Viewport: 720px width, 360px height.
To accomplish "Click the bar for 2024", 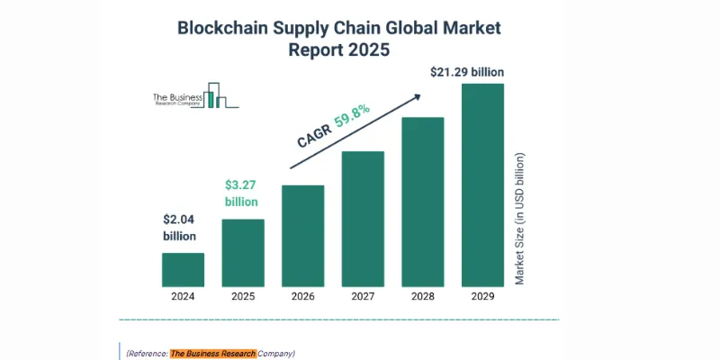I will point(183,269).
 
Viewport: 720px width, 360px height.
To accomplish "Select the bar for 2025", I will point(243,252).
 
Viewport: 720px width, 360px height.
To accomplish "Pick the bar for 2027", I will point(363,218).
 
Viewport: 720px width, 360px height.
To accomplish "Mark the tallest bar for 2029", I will point(482,184).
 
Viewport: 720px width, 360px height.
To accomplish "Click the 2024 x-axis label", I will point(183,295).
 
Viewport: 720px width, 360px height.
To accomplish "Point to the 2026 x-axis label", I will point(302,295).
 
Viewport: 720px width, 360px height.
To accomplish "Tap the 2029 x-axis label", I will point(482,295).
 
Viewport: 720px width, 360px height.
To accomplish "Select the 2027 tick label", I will point(363,295).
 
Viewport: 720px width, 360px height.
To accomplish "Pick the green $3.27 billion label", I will point(241,193).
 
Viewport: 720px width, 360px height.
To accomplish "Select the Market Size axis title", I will point(519,219).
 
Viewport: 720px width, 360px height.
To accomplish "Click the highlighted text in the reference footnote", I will point(212,353).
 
